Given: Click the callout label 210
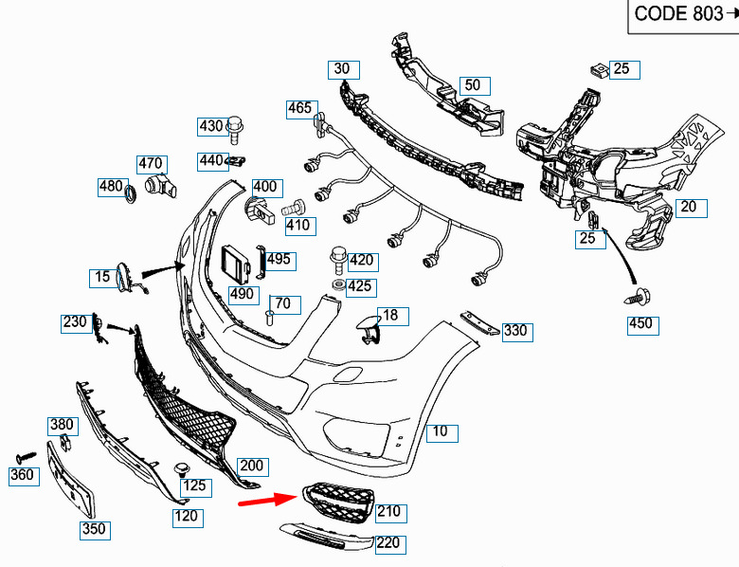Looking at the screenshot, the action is [x=391, y=513].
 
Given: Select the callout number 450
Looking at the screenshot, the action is [x=643, y=325].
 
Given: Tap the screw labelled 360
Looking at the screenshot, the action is [x=26, y=458].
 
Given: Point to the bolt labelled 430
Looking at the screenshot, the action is [x=235, y=129].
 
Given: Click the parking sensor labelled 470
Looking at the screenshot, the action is [x=160, y=186].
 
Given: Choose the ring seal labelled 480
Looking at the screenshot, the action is [x=130, y=193].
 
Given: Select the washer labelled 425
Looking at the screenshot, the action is [x=337, y=284].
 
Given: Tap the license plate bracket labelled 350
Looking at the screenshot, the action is [x=71, y=480].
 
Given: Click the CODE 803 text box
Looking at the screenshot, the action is [x=683, y=16].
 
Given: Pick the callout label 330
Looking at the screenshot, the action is [x=517, y=332].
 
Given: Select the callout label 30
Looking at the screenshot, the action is [x=344, y=70].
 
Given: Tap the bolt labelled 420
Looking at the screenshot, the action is [x=338, y=261].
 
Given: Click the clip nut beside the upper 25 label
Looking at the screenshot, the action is [x=599, y=71].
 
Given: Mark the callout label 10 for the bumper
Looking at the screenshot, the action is [x=442, y=432].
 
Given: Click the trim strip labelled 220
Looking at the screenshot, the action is [x=327, y=537].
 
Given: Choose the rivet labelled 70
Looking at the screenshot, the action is [x=270, y=317].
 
